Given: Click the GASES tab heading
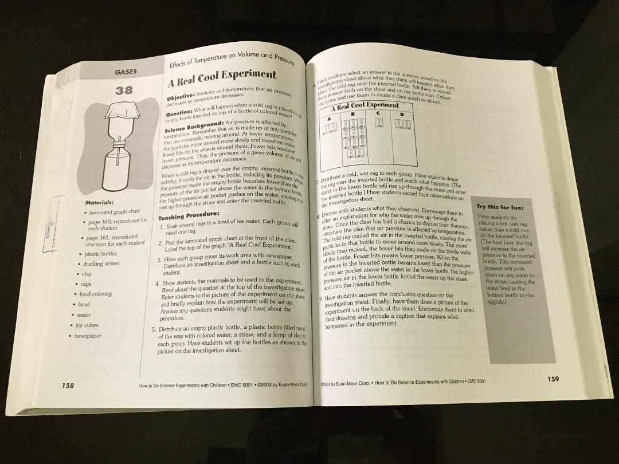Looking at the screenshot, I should [x=125, y=72].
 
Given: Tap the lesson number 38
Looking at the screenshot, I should [x=124, y=90].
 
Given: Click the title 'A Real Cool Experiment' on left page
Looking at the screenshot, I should [x=222, y=76].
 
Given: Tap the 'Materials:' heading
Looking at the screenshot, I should [x=99, y=203].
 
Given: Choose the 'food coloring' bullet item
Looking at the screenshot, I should [x=96, y=294].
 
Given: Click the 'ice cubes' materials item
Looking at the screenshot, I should [x=87, y=325].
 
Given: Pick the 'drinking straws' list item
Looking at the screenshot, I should [x=101, y=264].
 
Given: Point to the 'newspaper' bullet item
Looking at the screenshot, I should [x=88, y=336].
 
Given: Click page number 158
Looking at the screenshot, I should [x=68, y=385].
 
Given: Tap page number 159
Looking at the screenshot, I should [x=553, y=379].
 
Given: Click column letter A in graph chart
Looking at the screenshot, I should [x=330, y=118].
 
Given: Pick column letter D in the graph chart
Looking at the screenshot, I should [x=402, y=115].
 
